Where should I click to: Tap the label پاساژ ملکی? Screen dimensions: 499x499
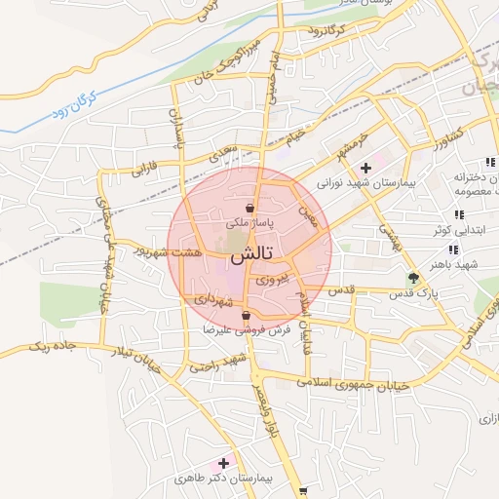tap(249, 223)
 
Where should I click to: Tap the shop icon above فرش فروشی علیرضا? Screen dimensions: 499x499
tap(247, 315)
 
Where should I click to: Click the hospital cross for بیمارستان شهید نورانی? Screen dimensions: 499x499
tap(365, 168)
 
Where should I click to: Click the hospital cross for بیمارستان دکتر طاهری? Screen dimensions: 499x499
tap(225, 463)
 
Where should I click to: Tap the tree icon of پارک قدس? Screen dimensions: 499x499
tap(413, 277)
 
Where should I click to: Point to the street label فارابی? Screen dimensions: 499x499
tap(143, 169)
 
